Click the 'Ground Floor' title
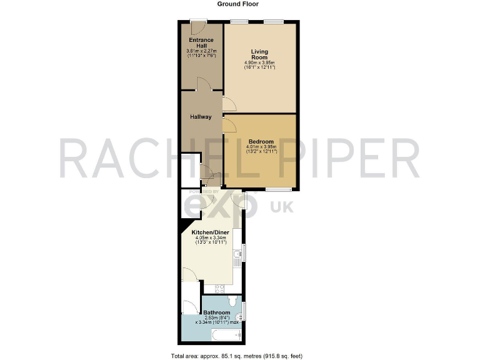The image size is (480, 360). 237,4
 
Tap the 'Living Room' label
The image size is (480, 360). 259,54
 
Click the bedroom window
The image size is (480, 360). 278,189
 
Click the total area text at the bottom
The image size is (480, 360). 237,356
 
